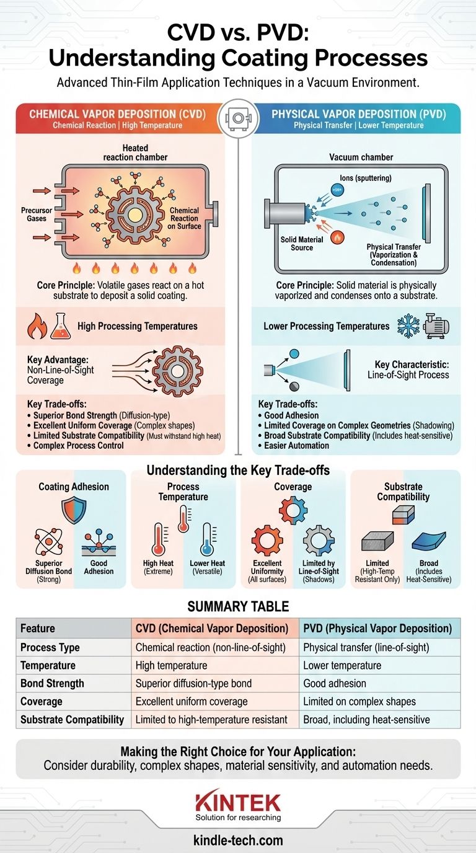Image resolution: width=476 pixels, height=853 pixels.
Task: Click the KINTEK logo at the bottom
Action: click(x=238, y=803)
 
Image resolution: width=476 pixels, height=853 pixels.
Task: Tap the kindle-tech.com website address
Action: click(x=238, y=841)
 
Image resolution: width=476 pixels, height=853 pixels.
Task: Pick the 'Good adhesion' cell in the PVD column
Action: click(x=335, y=683)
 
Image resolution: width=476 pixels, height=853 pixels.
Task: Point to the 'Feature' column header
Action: click(x=38, y=628)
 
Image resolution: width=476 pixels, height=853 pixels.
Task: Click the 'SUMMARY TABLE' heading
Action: click(x=238, y=606)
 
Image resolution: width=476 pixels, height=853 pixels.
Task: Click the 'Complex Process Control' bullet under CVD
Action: click(x=78, y=445)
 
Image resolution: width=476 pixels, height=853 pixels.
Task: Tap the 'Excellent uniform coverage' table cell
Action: click(x=192, y=702)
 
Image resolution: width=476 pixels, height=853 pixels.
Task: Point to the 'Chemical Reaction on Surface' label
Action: click(x=185, y=218)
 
